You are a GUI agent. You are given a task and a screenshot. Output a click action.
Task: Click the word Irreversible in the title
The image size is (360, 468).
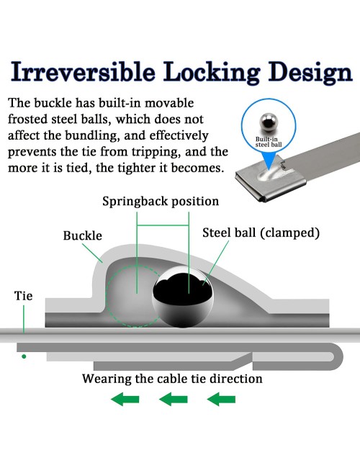click(x=83, y=71)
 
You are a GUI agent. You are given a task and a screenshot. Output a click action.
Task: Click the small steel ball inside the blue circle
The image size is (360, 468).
click(x=269, y=122)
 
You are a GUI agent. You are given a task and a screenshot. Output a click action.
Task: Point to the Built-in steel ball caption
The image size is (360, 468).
click(x=269, y=142)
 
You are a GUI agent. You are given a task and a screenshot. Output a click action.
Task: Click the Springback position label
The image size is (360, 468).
click(x=161, y=202)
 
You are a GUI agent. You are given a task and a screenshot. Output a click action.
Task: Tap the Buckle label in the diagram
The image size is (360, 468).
click(x=82, y=235)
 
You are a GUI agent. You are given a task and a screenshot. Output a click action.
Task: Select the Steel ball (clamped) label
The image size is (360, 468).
click(x=261, y=233)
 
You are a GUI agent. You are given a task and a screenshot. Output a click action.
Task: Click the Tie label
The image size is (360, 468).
click(x=23, y=296)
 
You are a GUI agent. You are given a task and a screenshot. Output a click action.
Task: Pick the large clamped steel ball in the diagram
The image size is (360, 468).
click(x=183, y=297)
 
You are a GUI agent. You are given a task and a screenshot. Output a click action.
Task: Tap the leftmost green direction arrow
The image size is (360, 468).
click(x=125, y=400)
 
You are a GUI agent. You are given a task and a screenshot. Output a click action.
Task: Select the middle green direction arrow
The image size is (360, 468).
click(x=173, y=400)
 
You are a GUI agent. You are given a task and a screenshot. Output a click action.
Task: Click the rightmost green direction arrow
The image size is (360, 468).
click(x=221, y=400)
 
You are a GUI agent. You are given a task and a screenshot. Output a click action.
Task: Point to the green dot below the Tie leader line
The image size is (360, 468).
click(x=24, y=356)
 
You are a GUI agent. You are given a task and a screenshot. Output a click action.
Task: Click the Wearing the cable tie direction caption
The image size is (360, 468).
click(x=172, y=379)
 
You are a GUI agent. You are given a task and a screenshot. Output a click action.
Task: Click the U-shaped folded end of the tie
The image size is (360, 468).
click(x=340, y=356)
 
